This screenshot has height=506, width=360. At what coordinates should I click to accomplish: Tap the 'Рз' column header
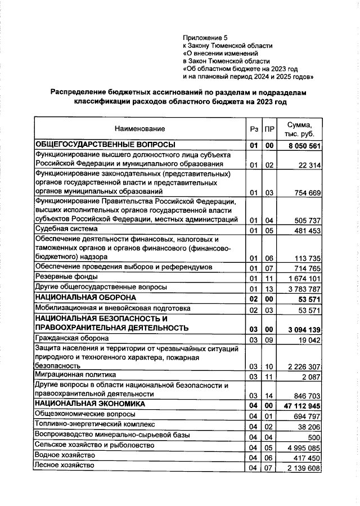(253, 129)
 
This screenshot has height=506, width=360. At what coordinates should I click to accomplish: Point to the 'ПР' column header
(269, 129)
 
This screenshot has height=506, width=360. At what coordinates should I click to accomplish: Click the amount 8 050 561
(304, 146)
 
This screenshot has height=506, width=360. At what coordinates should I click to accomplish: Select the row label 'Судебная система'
(66, 229)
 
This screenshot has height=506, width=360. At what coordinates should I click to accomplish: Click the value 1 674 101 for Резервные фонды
(303, 278)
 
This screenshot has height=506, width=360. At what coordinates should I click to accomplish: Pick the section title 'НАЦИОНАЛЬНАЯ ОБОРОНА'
(85, 297)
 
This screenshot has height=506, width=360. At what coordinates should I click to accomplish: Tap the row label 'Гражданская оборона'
(72, 339)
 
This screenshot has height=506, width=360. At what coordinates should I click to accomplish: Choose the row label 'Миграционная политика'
(75, 374)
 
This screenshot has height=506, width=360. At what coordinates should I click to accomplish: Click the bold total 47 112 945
(302, 405)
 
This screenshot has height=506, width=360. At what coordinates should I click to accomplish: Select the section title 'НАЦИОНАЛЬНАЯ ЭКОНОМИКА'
(90, 404)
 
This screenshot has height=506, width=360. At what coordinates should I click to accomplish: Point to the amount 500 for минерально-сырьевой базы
(314, 437)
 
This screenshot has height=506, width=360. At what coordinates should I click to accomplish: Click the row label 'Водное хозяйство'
(64, 455)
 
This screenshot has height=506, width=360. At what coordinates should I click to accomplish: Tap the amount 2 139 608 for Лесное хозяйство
(303, 468)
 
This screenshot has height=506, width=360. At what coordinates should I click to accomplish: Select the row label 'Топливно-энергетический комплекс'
(93, 424)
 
